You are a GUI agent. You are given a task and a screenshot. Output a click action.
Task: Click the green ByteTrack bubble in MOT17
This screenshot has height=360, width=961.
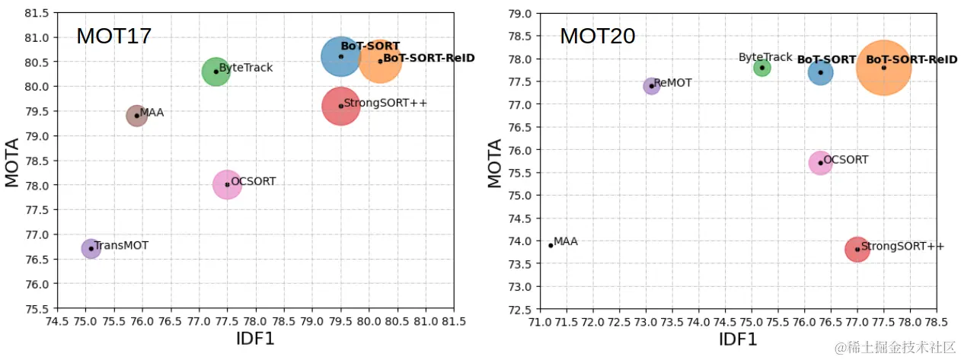pyautogui.click(x=216, y=72)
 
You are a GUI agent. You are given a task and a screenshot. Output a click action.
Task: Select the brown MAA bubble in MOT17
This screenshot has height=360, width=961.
pyautogui.click(x=136, y=116)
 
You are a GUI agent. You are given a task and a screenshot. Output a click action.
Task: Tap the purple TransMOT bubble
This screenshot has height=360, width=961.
pyautogui.click(x=91, y=248)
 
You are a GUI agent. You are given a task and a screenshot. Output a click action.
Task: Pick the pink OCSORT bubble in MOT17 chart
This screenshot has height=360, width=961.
pyautogui.click(x=227, y=184)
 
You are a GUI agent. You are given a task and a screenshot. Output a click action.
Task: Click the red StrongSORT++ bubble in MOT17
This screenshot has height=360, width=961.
pyautogui.click(x=340, y=106)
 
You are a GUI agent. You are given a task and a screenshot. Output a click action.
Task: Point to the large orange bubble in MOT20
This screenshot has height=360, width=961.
pyautogui.click(x=883, y=68)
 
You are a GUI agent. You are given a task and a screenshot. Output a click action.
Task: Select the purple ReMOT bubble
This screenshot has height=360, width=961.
pyautogui.click(x=651, y=86)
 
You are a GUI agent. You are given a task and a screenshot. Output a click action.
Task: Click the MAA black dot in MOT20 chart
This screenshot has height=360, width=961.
pyautogui.click(x=551, y=245)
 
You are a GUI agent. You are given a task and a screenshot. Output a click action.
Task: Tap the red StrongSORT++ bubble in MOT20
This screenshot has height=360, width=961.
pyautogui.click(x=857, y=249)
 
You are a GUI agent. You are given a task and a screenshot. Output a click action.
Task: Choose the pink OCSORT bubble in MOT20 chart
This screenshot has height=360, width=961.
pyautogui.click(x=820, y=162)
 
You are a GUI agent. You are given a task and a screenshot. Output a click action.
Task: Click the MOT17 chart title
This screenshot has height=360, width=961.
pyautogui.click(x=113, y=36)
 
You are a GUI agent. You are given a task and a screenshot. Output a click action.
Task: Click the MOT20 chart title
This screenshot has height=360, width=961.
pyautogui.click(x=597, y=36)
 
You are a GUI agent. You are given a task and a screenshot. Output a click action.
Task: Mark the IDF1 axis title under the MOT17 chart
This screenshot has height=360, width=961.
pyautogui.click(x=255, y=338)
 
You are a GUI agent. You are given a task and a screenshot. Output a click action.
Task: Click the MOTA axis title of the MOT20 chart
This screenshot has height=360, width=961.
pyautogui.click(x=495, y=162)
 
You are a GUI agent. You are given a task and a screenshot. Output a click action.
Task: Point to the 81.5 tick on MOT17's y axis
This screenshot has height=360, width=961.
pyautogui.click(x=37, y=13)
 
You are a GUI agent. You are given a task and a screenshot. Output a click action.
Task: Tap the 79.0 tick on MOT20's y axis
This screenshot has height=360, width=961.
pyautogui.click(x=521, y=13)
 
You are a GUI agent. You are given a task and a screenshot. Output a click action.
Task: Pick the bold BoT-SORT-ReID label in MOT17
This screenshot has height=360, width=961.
pyautogui.click(x=429, y=58)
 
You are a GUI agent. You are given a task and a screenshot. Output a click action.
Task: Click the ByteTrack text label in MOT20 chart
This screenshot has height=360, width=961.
pyautogui.click(x=765, y=57)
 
